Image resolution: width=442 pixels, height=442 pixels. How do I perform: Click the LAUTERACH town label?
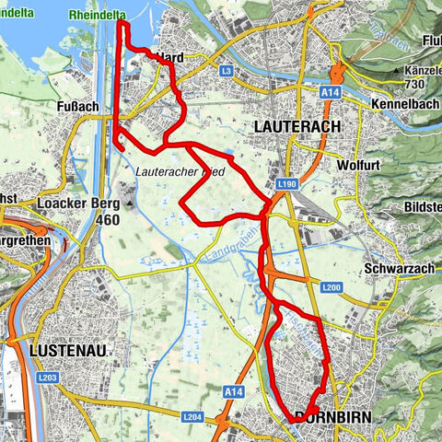click(x=297, y=125)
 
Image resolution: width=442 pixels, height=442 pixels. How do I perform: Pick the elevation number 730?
click(x=416, y=84)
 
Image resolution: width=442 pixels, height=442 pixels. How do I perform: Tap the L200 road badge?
click(x=332, y=288)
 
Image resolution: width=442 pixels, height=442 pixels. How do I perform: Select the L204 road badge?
click(x=191, y=417)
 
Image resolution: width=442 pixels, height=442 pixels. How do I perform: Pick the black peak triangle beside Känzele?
click(x=395, y=69)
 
